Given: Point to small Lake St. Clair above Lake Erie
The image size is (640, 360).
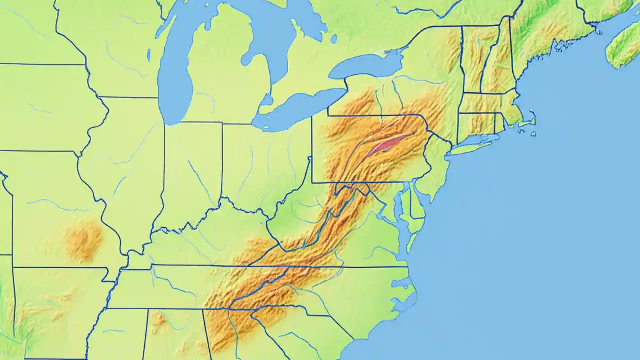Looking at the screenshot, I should click(266, 99).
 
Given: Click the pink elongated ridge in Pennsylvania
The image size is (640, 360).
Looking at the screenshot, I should click(385, 145).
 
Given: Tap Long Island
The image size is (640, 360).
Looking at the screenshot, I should click(475, 145).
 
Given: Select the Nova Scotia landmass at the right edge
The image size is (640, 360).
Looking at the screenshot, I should click(625, 47).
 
